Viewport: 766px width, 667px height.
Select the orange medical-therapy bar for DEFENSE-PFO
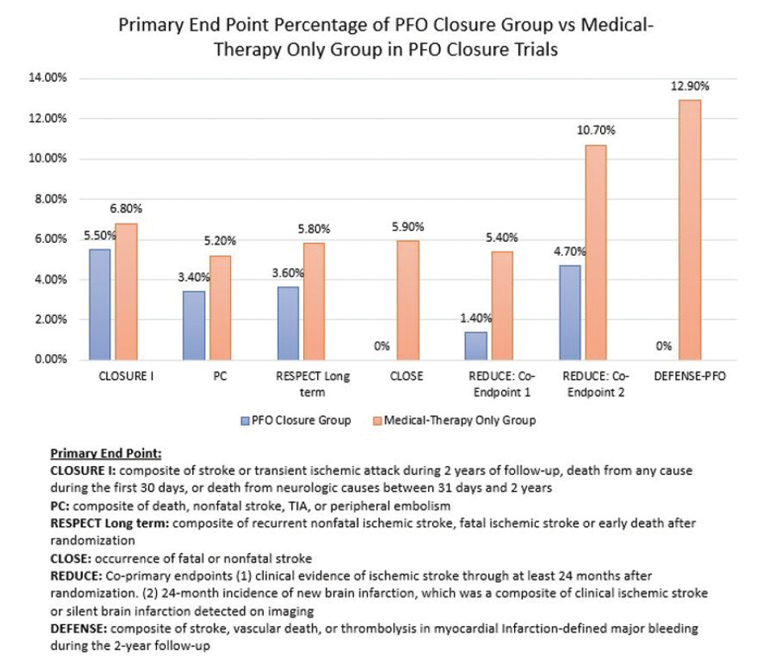point(690,230)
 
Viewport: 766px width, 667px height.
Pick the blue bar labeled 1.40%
point(476,346)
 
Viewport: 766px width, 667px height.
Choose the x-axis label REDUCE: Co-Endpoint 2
point(581,383)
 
